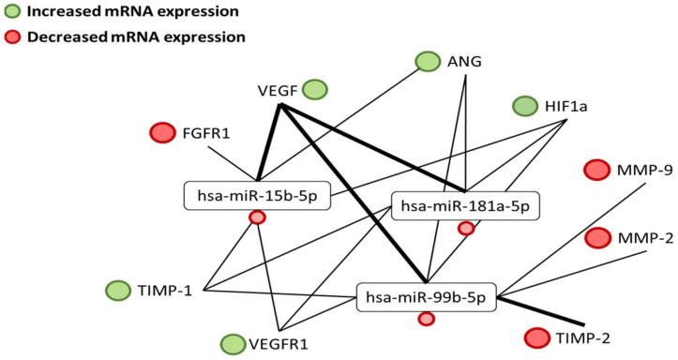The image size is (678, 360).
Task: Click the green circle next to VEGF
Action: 315,90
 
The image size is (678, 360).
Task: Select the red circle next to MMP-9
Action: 597,170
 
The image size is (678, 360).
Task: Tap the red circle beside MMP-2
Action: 597,238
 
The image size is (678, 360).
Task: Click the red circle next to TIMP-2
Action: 537,337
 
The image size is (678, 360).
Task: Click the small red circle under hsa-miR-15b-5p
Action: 257,218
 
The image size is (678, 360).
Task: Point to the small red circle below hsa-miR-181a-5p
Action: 465,228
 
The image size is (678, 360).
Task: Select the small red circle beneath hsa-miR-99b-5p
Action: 426,320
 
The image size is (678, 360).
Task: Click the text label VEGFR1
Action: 279,345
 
